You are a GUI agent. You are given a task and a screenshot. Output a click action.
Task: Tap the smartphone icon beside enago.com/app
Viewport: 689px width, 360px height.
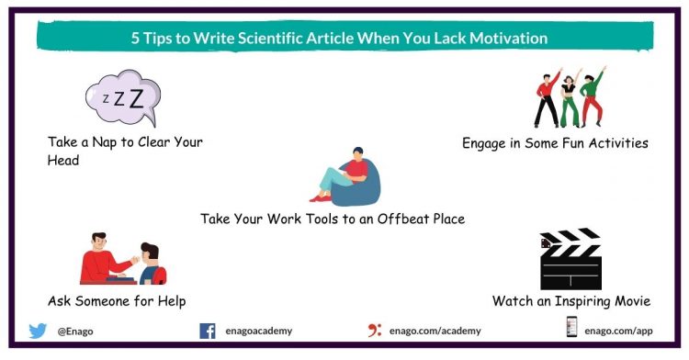click(571, 329)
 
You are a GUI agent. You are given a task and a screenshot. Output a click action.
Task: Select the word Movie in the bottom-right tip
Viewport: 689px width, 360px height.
click(629, 301)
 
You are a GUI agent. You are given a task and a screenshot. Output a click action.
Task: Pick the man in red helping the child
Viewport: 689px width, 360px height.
click(105, 257)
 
